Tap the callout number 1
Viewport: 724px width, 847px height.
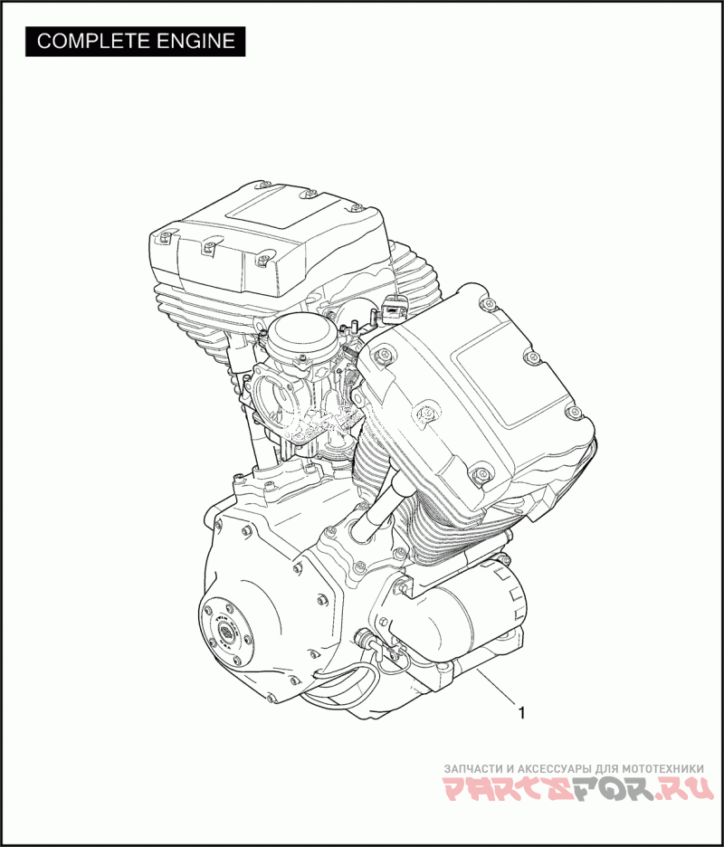pyautogui.click(x=521, y=714)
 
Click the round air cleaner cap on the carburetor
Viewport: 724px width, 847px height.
pyautogui.click(x=294, y=335)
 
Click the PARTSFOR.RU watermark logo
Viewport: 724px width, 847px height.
pyautogui.click(x=578, y=789)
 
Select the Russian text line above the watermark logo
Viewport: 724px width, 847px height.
pyautogui.click(x=574, y=768)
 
